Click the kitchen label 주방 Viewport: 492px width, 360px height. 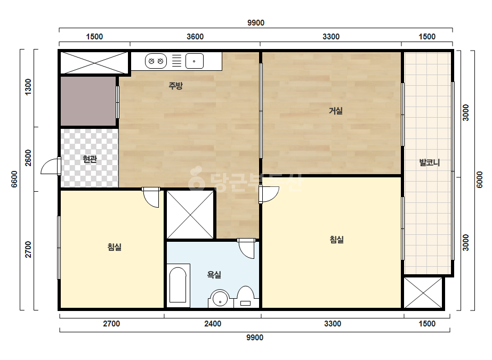pyautogui.click(x=176, y=85)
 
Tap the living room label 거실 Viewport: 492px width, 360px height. pyautogui.click(x=335, y=111)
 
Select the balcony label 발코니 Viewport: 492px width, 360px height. pyautogui.click(x=430, y=162)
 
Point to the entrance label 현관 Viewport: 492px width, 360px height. pyautogui.click(x=90, y=159)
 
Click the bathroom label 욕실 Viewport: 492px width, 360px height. pyautogui.click(x=214, y=275)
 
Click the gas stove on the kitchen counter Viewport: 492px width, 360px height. pyautogui.click(x=156, y=61)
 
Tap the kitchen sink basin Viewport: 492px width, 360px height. pyautogui.click(x=195, y=61)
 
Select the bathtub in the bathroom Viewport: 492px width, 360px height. pyautogui.click(x=178, y=285)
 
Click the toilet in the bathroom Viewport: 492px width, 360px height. pyautogui.click(x=245, y=297)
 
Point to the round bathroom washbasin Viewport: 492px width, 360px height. pyautogui.click(x=220, y=299)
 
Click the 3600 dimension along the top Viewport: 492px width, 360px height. pyautogui.click(x=195, y=37)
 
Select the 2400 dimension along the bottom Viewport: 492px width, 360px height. pyautogui.click(x=213, y=323)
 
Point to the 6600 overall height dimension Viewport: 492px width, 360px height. pyautogui.click(x=14, y=179)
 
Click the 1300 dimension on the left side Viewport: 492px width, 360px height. pyautogui.click(x=28, y=87)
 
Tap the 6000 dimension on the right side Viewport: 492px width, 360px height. pyautogui.click(x=479, y=179)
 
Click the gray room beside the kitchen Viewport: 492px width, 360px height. pyautogui.click(x=88, y=101)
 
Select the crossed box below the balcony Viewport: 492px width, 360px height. pyautogui.click(x=423, y=293)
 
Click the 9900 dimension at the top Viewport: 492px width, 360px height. pyautogui.click(x=256, y=23)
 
